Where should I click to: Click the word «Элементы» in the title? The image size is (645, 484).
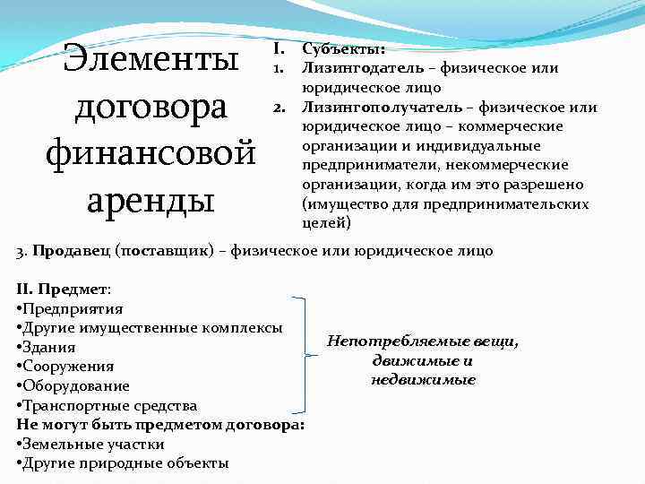pyautogui.click(x=150, y=61)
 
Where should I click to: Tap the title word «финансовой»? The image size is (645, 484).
pyautogui.click(x=150, y=154)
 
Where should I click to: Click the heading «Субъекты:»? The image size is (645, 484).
pyautogui.click(x=344, y=49)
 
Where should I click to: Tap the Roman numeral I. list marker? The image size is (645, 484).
pyautogui.click(x=279, y=49)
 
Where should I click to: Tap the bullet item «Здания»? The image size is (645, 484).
pyautogui.click(x=48, y=348)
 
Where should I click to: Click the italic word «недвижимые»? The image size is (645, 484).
pyautogui.click(x=423, y=380)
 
